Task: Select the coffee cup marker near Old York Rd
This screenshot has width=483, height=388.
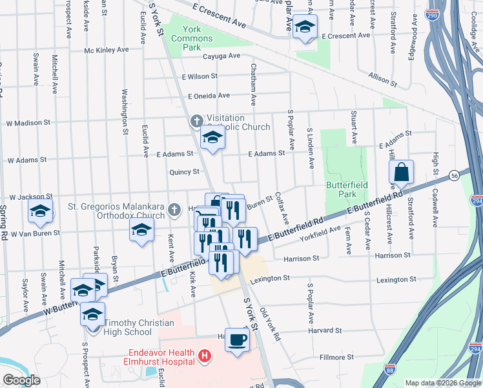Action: pos(237,339)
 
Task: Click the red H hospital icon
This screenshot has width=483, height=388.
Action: pos(205,355)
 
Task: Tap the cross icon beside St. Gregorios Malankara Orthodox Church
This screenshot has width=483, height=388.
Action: pos(173,210)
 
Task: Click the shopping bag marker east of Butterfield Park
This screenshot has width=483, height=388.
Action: pos(401,173)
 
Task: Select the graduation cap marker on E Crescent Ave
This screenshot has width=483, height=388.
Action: pos(305,27)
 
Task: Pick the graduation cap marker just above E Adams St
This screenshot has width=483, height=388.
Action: pos(212,137)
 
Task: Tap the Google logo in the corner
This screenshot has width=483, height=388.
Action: pos(21,380)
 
